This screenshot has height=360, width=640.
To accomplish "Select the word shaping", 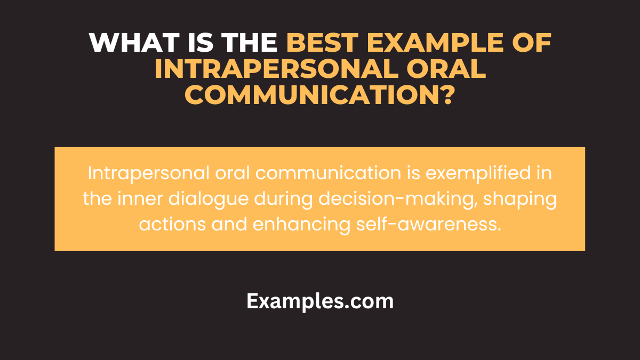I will pyautogui.click(x=521, y=199).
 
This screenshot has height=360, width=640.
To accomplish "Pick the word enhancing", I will pyautogui.click(x=300, y=225).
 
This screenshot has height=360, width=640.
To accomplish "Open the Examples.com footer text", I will pyautogui.click(x=320, y=302).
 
